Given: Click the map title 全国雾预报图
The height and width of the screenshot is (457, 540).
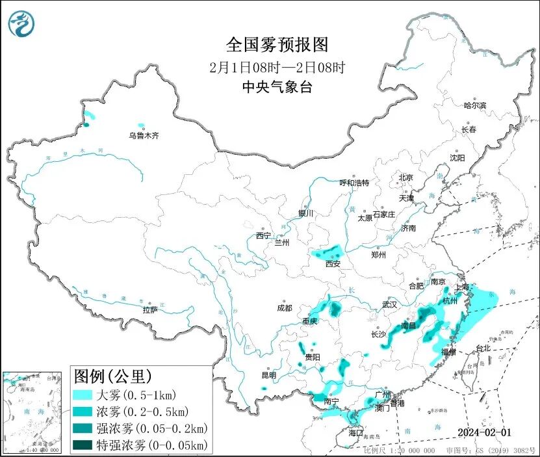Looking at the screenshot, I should tap(277, 45).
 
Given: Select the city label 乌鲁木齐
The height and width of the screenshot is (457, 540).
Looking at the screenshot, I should tap(143, 136).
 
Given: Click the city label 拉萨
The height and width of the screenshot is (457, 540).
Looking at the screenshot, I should tap(150, 310).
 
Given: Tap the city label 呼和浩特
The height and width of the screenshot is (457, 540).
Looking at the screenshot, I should tap(355, 183).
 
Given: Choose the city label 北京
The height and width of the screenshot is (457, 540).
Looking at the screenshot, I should tap(406, 177).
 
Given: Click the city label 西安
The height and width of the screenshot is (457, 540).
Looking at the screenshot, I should tap(333, 264).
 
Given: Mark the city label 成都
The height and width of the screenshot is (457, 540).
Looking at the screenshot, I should tap(284, 308).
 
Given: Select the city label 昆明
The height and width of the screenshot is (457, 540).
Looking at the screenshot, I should tap(268, 375).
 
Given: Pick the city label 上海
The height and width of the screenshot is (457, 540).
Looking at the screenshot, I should tap(463, 286).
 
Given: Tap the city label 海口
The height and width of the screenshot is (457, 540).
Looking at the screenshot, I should tap(355, 432).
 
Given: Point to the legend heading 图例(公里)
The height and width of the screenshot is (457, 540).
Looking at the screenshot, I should tap(113, 376).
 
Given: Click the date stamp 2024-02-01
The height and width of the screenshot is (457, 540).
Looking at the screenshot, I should tap(485, 432).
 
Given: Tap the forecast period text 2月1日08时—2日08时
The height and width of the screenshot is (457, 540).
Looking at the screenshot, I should tap(277, 67).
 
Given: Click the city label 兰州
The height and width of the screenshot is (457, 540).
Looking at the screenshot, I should tap(282, 242).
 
